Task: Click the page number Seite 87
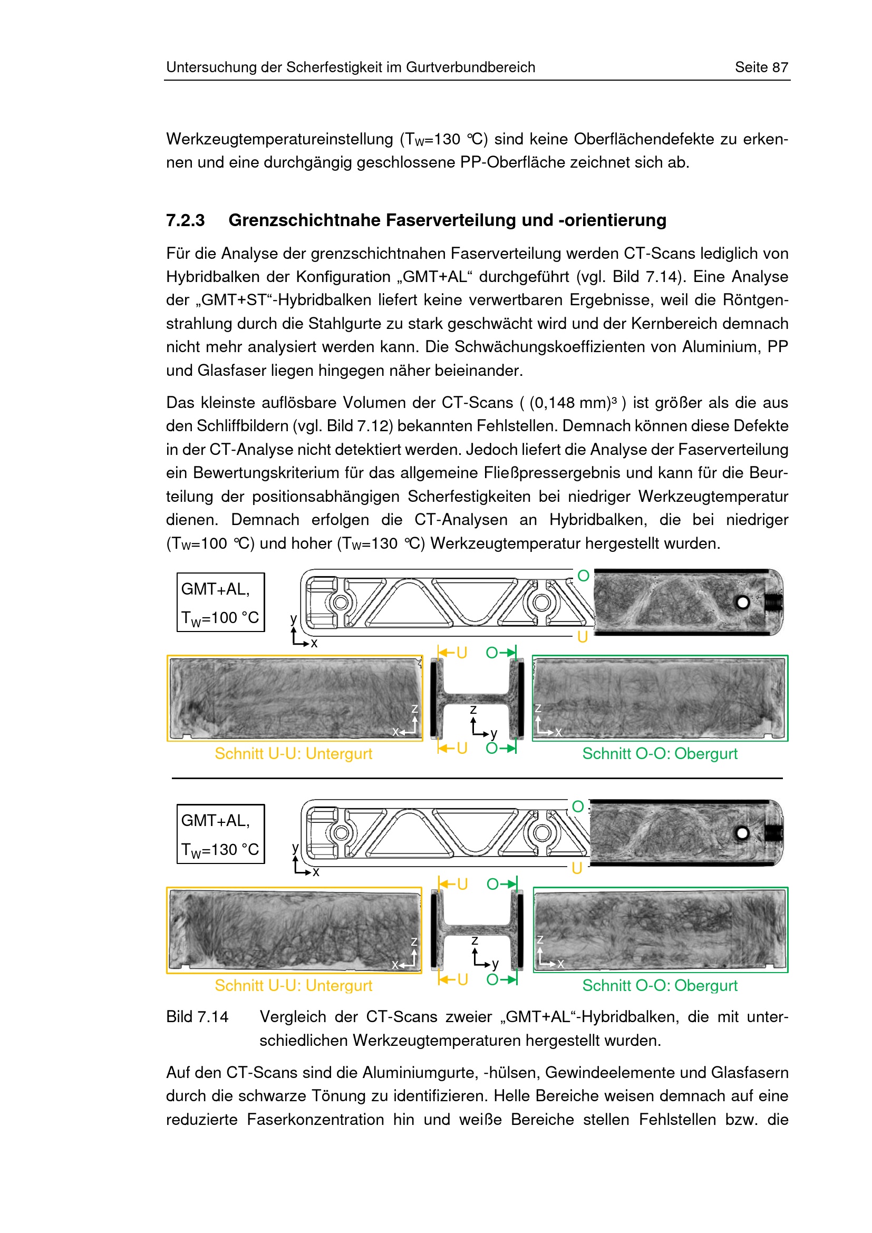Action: click(761, 67)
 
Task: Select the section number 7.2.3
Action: click(185, 220)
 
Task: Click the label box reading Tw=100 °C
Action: click(221, 603)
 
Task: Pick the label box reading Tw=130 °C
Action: click(221, 834)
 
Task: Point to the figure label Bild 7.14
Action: click(197, 1016)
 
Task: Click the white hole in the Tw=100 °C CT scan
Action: click(743, 603)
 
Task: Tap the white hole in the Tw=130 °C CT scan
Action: click(743, 833)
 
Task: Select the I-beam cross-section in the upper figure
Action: click(477, 698)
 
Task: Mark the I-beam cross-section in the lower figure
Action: click(477, 929)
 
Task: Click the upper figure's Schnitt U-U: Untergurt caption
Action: click(293, 753)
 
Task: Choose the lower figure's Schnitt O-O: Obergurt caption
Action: click(660, 985)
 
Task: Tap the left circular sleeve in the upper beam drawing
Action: click(341, 603)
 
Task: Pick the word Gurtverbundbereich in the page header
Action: click(470, 67)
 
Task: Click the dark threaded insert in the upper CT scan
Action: click(773, 603)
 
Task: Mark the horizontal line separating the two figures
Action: click(477, 778)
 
